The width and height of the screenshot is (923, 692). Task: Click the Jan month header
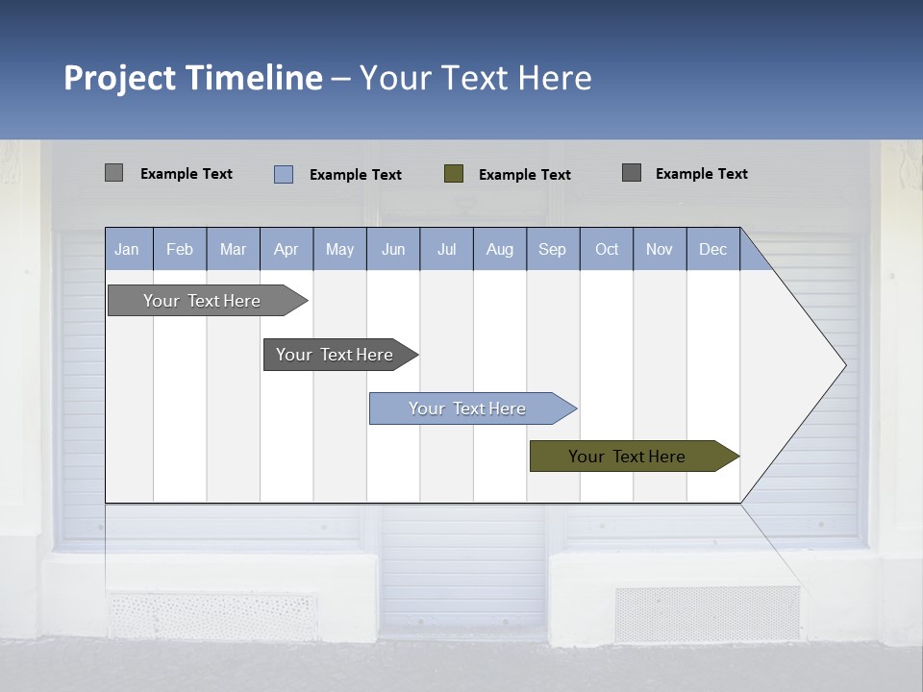[x=127, y=250]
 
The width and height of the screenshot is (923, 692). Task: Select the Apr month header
[x=286, y=250]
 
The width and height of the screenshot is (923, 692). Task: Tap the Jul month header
[x=446, y=250]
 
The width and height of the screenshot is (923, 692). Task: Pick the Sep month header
[x=552, y=250]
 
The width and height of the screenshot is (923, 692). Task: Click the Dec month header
[x=712, y=250]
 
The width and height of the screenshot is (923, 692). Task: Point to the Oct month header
[x=607, y=250]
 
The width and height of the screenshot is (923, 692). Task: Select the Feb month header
[x=180, y=250]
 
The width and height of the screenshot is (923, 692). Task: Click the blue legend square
[x=284, y=174]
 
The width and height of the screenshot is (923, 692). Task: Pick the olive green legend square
[x=454, y=174]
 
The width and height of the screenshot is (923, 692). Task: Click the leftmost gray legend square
[x=113, y=173]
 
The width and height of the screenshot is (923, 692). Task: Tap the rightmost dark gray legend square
[x=632, y=173]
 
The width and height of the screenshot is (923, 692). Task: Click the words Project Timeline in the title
[x=192, y=78]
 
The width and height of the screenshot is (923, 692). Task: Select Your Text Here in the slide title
[x=475, y=78]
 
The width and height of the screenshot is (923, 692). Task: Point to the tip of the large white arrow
[x=844, y=365]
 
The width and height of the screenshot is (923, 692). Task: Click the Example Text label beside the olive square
[x=524, y=175]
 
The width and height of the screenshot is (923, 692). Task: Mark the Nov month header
[x=660, y=250]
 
